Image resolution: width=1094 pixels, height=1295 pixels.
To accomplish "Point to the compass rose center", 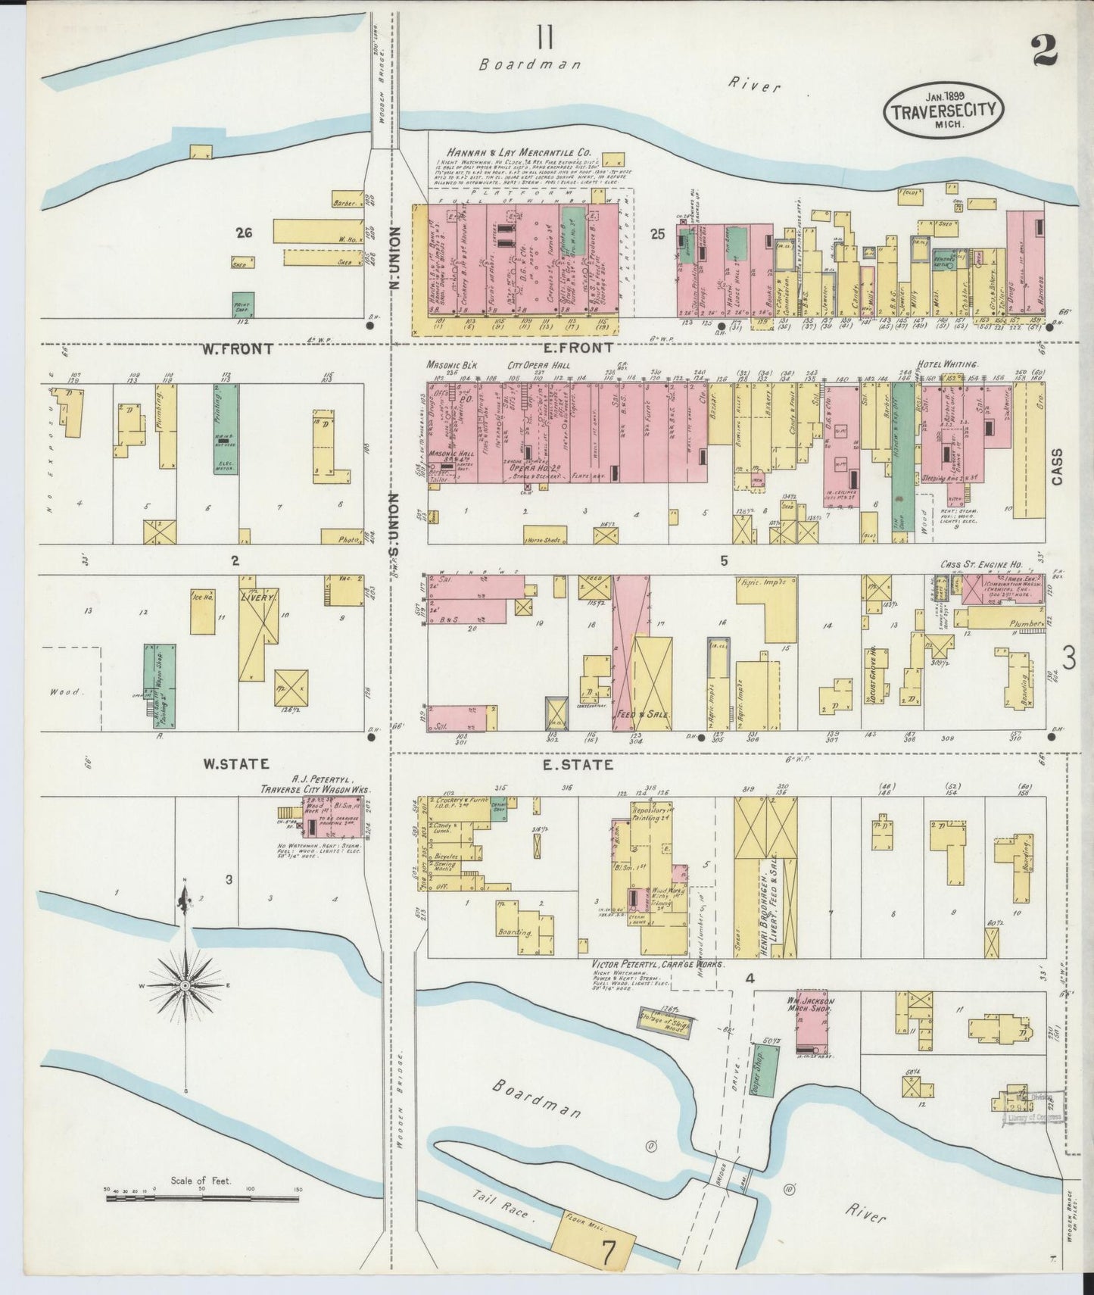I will pos(185,985).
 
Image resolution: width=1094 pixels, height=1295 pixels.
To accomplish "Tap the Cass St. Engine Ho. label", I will pos(982,564).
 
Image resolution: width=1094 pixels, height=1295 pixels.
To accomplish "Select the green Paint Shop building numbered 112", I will pos(243,304).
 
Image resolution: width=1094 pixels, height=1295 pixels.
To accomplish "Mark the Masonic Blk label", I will pos(450,364).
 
